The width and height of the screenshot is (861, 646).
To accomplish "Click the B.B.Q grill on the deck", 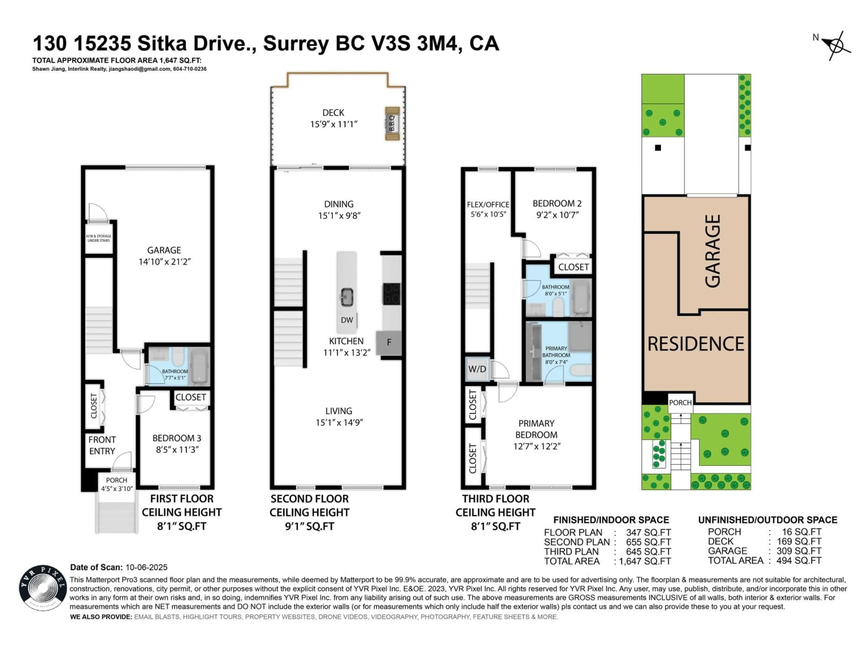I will [x=392, y=123].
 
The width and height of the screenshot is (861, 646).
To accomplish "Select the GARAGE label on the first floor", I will [x=164, y=250].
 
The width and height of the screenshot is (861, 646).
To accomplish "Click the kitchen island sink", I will [x=346, y=297].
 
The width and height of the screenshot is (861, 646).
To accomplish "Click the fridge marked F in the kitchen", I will [x=389, y=343].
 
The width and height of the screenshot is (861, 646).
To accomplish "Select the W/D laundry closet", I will [x=477, y=369].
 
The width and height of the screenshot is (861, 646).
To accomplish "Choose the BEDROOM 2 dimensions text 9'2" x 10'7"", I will [x=557, y=215].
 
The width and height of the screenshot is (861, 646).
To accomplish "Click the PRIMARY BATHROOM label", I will [x=556, y=352].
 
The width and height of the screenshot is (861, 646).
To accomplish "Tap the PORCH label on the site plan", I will [x=680, y=403].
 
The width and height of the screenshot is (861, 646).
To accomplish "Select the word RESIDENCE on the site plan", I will [x=696, y=344].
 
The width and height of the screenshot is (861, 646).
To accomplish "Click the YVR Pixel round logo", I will [x=43, y=588].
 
